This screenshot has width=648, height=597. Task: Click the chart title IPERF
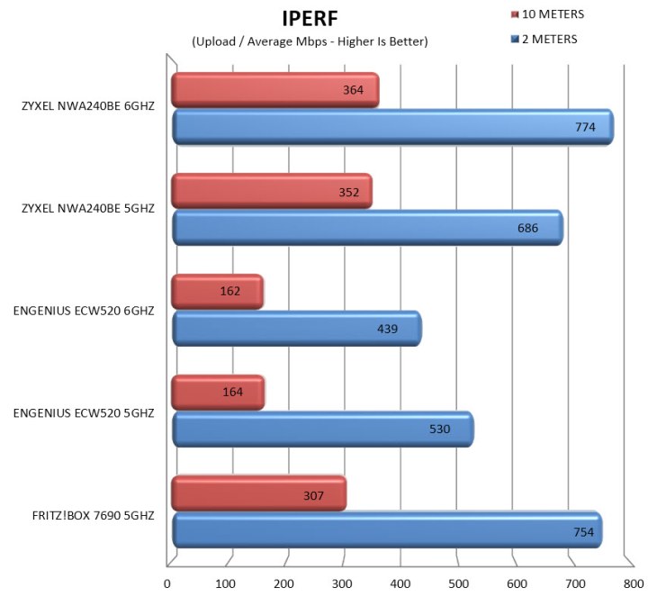pos(310,19)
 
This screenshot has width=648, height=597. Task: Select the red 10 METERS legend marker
pos(515,15)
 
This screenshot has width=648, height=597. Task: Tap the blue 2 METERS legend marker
pos(515,40)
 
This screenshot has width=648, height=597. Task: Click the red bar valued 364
pos(275,90)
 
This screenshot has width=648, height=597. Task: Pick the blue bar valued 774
pos(392,127)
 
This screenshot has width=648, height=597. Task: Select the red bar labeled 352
pos(272,191)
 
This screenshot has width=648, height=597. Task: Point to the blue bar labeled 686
pos(367,228)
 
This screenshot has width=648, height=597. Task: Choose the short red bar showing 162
pos(218,292)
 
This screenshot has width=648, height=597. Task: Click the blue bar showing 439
pos(297,329)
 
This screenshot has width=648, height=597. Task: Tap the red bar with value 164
pos(218,393)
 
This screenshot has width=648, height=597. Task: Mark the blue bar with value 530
pos(323,430)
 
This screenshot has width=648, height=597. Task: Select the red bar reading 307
pos(258,493)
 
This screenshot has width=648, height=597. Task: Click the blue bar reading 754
pos(387,530)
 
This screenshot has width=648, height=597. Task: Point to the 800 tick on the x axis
pos(634,583)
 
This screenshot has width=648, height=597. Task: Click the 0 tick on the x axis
pos(167,583)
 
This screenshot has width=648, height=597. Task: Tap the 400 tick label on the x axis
pos(400,583)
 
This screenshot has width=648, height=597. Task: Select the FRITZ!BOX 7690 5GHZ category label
pos(93,516)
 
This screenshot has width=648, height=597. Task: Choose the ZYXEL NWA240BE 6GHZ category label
pos(88,106)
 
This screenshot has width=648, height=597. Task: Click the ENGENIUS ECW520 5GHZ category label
pos(84,413)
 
